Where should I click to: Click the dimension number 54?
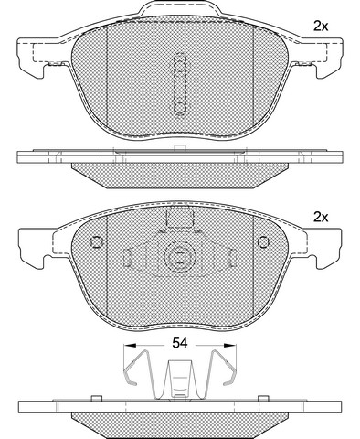point(180,343)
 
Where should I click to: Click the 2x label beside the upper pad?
point(321,27)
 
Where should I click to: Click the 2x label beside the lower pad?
point(321,218)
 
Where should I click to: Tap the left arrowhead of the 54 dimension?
point(129,345)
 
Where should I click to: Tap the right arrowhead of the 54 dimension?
point(230,345)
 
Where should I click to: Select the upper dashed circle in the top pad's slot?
point(180,66)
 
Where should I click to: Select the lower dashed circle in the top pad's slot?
point(180,108)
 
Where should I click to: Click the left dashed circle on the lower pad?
point(97,242)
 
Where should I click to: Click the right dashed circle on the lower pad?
point(263,242)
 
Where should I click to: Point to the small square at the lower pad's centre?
point(180,258)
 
